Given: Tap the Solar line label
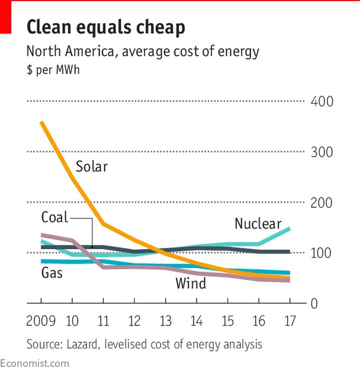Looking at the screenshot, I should pyautogui.click(x=92, y=167).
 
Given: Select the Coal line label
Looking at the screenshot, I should pyautogui.click(x=54, y=217).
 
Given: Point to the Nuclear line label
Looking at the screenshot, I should pyautogui.click(x=258, y=224).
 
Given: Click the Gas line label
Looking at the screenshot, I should pyautogui.click(x=52, y=273).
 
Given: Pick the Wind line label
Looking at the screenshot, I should pyautogui.click(x=191, y=283).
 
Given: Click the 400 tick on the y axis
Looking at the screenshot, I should pyautogui.click(x=322, y=102).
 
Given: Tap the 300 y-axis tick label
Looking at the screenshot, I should pyautogui.click(x=322, y=153).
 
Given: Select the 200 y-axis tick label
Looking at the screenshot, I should pyautogui.click(x=322, y=203).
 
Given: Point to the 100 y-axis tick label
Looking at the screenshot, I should pyautogui.click(x=322, y=253).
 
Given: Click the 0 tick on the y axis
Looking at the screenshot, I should pyautogui.click(x=316, y=304).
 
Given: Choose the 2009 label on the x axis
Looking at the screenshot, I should pyautogui.click(x=41, y=322).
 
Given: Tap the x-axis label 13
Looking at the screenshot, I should pyautogui.click(x=166, y=322).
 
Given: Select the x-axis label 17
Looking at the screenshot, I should pyautogui.click(x=290, y=322).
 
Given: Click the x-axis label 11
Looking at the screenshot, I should pyautogui.click(x=104, y=322).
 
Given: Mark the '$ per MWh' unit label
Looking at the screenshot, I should pyautogui.click(x=53, y=70).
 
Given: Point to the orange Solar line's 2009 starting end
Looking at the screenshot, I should pyautogui.click(x=41, y=122).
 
